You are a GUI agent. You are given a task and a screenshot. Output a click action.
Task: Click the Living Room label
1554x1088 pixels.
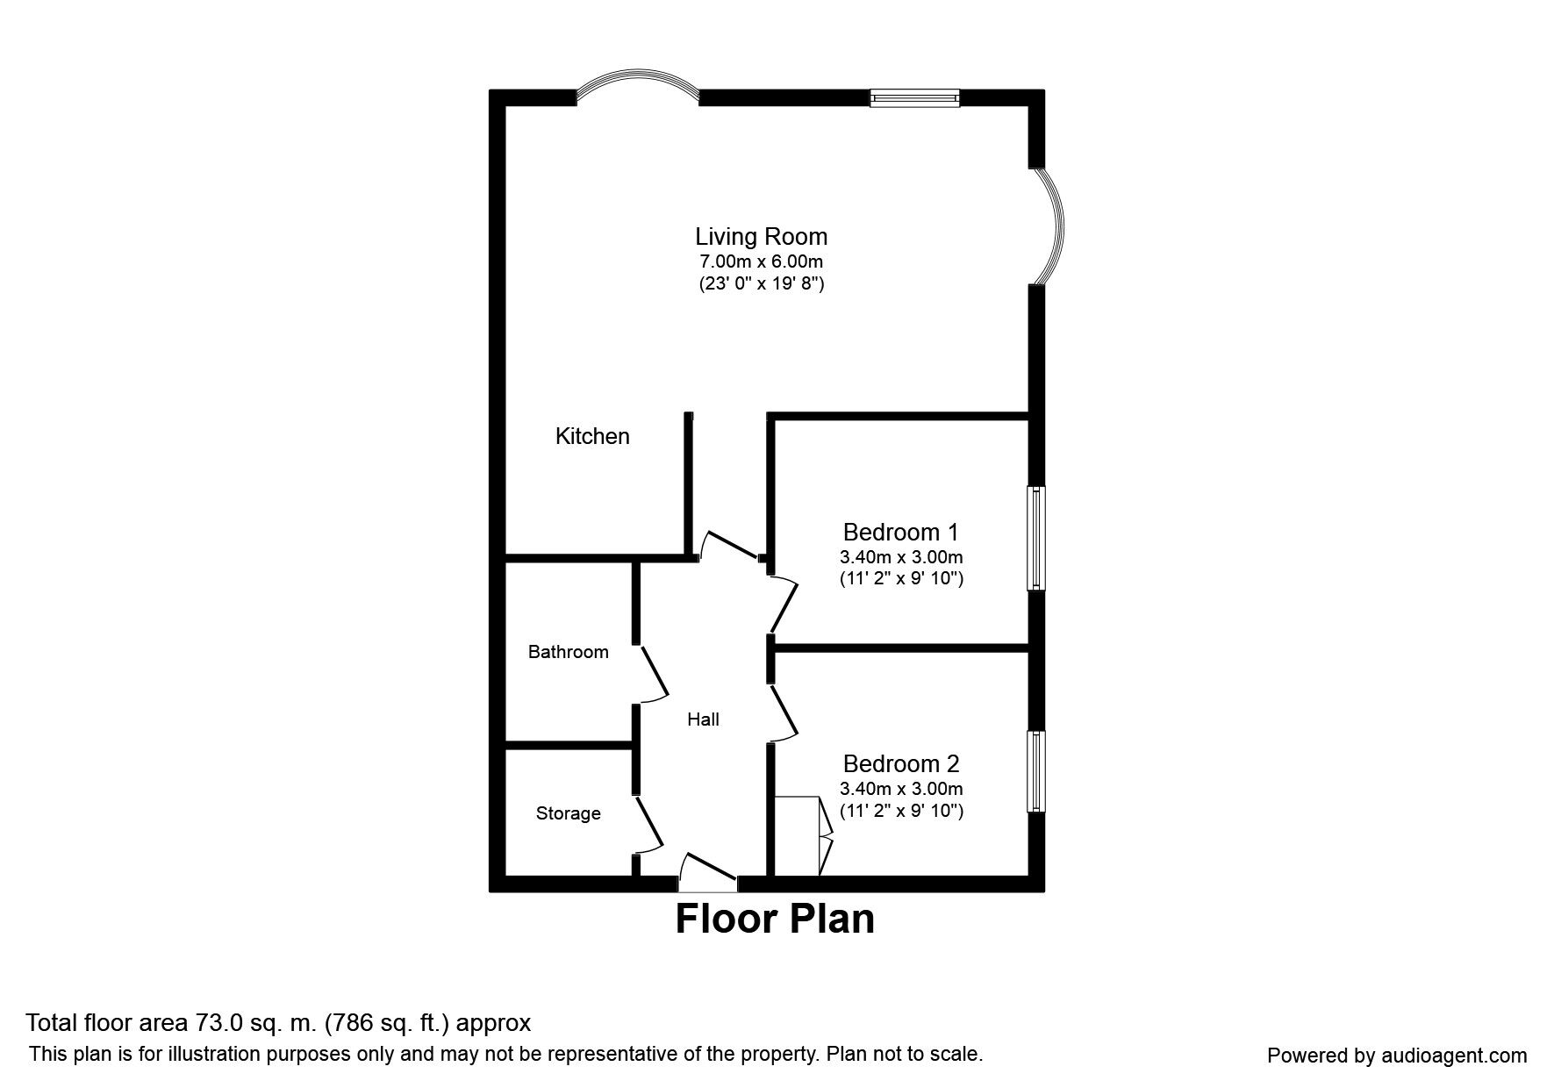pyautogui.click(x=761, y=237)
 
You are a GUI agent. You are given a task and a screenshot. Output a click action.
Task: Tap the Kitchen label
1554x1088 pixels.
pyautogui.click(x=592, y=436)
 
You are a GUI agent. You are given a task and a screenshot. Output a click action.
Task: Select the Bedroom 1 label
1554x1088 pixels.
pyautogui.click(x=900, y=533)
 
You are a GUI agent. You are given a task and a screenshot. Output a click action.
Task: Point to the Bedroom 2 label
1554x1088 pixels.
pyautogui.click(x=901, y=764)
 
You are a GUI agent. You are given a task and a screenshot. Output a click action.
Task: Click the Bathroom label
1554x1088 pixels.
pyautogui.click(x=568, y=652)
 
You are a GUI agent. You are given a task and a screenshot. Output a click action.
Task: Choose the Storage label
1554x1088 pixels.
pyautogui.click(x=568, y=813)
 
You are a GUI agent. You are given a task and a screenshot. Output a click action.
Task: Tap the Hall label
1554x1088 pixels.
pyautogui.click(x=703, y=719)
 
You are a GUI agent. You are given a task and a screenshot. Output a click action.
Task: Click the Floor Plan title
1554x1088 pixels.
pyautogui.click(x=775, y=920)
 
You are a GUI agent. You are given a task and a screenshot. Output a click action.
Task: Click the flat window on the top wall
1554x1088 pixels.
pyautogui.click(x=914, y=98)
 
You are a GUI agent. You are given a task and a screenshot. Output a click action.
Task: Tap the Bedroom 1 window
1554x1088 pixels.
pyautogui.click(x=1036, y=539)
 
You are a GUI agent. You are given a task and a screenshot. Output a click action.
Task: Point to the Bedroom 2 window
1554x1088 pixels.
pyautogui.click(x=1036, y=771)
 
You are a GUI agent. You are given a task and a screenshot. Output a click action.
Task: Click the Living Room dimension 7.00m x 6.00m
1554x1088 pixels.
pyautogui.click(x=761, y=261)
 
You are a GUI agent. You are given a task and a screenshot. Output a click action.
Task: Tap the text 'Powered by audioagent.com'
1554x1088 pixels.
pyautogui.click(x=1396, y=1056)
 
